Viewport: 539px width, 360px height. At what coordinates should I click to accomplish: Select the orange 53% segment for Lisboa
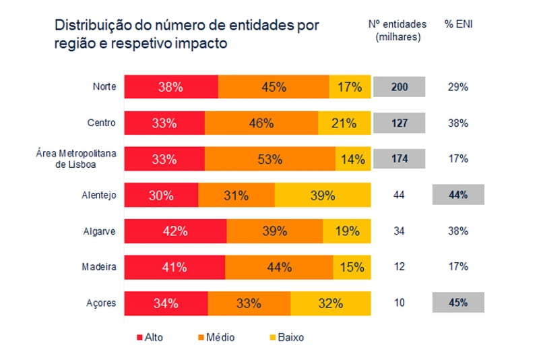(269, 159)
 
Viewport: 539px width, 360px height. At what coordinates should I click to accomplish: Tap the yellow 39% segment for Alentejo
(323, 196)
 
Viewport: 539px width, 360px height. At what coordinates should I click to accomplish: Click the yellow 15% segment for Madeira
(352, 267)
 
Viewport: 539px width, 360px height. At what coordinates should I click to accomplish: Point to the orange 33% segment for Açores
(249, 303)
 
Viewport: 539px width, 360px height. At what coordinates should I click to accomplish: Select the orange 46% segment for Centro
(261, 123)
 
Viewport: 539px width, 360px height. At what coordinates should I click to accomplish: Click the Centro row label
(102, 123)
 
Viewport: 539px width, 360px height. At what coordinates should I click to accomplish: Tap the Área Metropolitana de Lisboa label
(76, 159)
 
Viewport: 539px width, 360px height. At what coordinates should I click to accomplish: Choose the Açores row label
(102, 303)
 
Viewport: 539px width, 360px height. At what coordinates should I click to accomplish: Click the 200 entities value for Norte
(399, 87)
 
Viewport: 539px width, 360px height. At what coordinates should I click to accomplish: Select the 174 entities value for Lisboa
(399, 159)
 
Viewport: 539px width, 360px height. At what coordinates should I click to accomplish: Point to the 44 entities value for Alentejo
(399, 196)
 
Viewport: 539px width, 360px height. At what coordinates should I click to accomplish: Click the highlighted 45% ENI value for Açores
(457, 303)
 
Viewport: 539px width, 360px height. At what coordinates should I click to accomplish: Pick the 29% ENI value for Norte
(457, 87)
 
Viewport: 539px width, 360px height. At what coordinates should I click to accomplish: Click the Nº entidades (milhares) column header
(398, 30)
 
